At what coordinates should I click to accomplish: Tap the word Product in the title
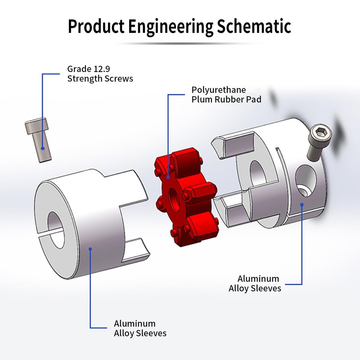96,26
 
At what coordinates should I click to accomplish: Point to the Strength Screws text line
100,79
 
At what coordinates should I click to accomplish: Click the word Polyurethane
219,90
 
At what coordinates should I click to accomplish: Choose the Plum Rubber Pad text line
226,99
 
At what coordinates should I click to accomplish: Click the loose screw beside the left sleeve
38,139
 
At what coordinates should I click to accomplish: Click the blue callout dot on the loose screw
43,148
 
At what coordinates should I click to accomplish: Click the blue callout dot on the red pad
168,177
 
